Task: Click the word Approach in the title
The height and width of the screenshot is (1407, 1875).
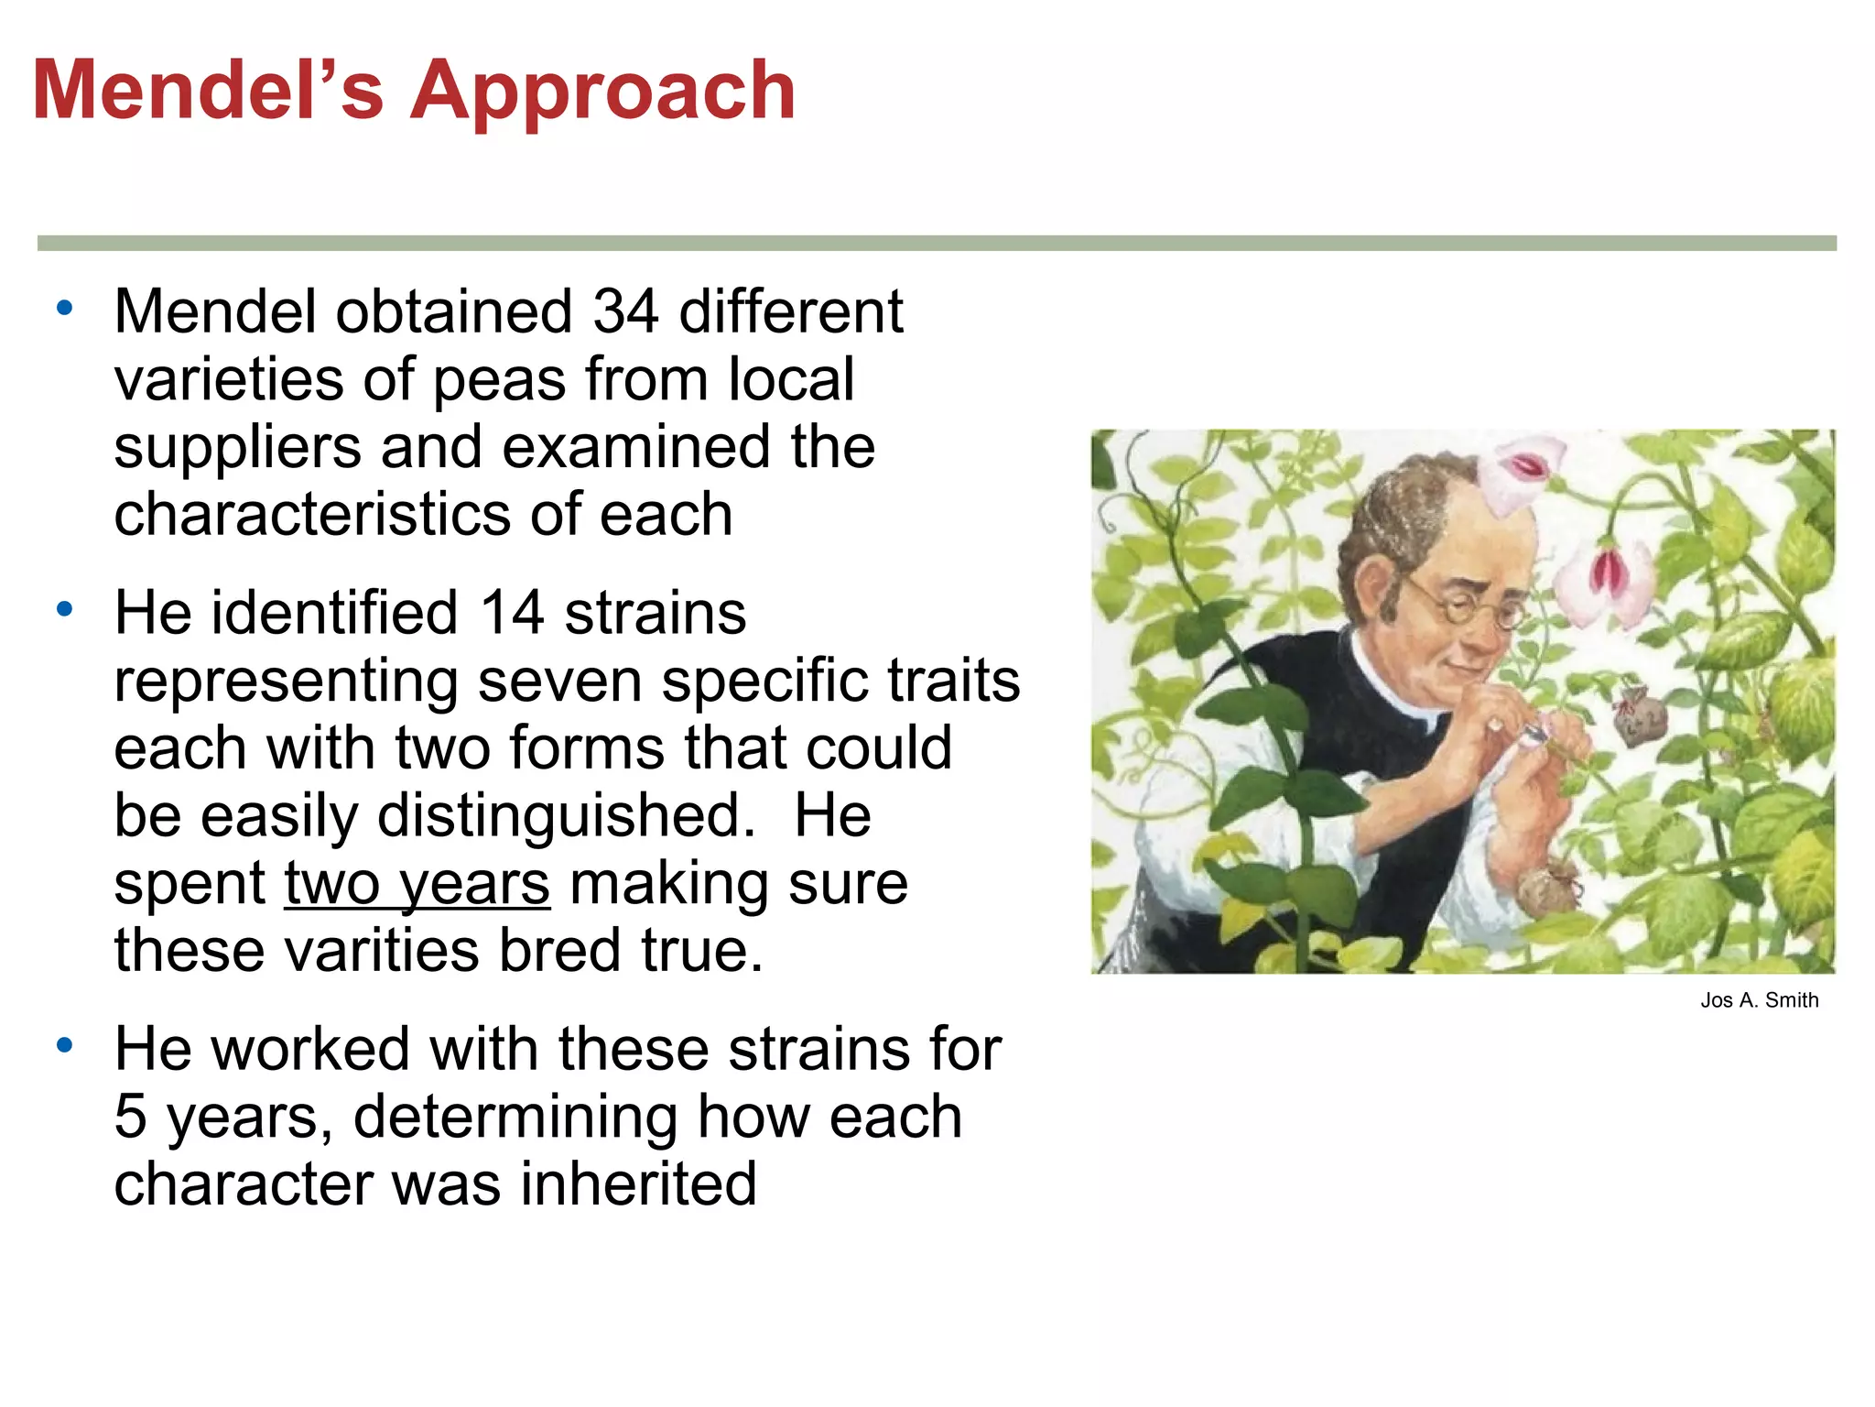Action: click(602, 92)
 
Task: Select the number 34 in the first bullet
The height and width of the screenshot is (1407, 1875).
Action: click(625, 311)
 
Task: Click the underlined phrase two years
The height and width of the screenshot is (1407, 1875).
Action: click(417, 883)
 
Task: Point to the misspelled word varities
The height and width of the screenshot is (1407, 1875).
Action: click(383, 950)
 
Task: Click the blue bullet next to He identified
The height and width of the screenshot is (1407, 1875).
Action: click(64, 609)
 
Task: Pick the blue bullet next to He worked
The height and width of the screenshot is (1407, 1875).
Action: click(64, 1045)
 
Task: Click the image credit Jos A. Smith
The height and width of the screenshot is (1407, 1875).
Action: click(1759, 1000)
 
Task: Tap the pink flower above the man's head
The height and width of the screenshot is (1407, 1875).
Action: click(1523, 472)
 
